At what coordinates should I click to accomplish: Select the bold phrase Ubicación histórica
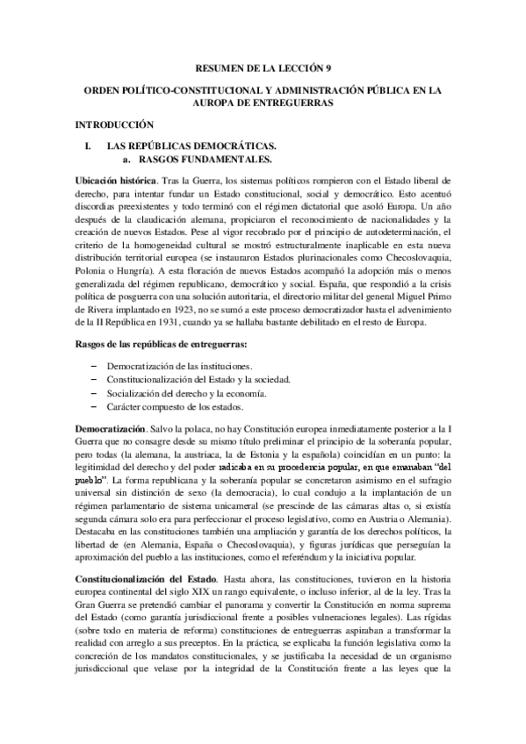112,180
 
